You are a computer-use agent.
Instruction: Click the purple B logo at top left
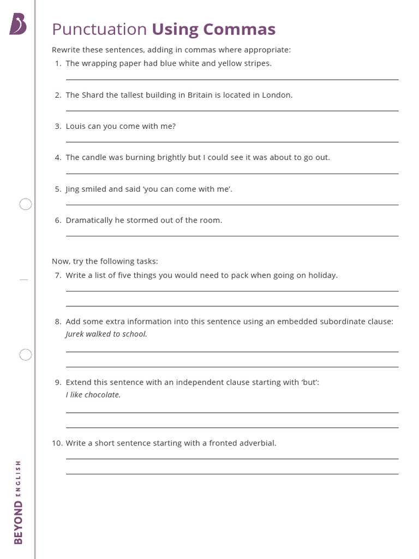click(x=17, y=25)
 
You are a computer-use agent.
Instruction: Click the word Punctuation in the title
click(x=99, y=29)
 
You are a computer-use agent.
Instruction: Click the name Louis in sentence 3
click(x=76, y=126)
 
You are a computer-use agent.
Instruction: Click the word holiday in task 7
click(x=323, y=275)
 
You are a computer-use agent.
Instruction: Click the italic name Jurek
click(x=75, y=334)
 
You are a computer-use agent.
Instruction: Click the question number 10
click(x=57, y=443)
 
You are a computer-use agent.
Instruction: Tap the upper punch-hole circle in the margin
click(x=26, y=204)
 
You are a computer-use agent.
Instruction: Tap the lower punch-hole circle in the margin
click(x=26, y=355)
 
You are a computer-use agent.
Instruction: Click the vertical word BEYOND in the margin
click(x=19, y=522)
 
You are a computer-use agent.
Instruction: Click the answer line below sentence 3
click(x=232, y=142)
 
